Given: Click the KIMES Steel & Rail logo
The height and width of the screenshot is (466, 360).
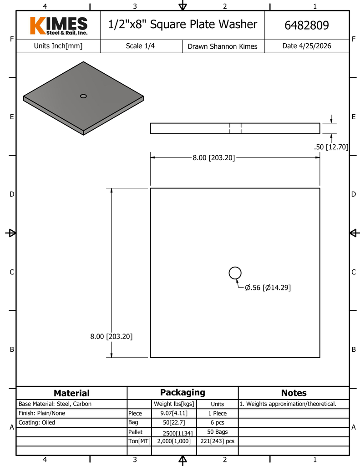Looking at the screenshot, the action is [59, 26].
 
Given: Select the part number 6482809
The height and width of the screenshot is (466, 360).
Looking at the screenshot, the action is [306, 25].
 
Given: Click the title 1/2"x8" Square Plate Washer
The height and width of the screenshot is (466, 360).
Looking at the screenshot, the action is [183, 25].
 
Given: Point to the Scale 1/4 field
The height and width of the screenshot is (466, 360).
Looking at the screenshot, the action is [140, 46].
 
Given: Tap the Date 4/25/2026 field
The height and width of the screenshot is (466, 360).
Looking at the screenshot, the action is [306, 46].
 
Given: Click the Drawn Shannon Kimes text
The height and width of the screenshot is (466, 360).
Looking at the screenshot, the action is [223, 46].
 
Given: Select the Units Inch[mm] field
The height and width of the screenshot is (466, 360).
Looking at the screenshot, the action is [58, 46].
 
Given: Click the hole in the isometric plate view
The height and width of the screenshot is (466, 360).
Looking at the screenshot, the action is [84, 96].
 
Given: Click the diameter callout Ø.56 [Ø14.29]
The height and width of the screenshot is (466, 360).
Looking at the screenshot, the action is [268, 288].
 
